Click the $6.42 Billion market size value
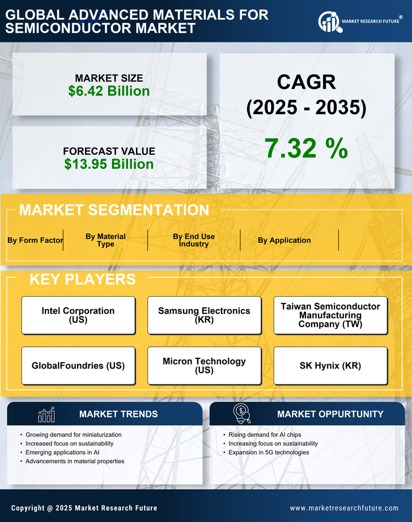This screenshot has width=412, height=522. pyautogui.click(x=109, y=91)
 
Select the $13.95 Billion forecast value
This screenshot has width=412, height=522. pyautogui.click(x=109, y=164)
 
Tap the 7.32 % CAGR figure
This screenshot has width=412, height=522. pyautogui.click(x=306, y=148)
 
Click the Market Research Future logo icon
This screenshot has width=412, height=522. pyautogui.click(x=329, y=22)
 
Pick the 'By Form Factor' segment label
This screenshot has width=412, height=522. pyautogui.click(x=35, y=240)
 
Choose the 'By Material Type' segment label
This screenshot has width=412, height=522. pyautogui.click(x=105, y=240)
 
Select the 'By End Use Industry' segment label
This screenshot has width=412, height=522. pyautogui.click(x=194, y=240)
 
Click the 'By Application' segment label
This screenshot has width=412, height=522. pyautogui.click(x=284, y=240)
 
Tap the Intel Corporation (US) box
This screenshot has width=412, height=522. pyautogui.click(x=78, y=315)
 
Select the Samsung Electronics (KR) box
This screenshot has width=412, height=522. pyautogui.click(x=204, y=315)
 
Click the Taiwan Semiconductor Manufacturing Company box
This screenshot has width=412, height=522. pyautogui.click(x=330, y=315)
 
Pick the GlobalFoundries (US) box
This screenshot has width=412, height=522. pyautogui.click(x=78, y=366)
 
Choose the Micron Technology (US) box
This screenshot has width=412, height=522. pyautogui.click(x=204, y=366)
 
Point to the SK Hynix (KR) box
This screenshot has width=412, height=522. pyautogui.click(x=330, y=366)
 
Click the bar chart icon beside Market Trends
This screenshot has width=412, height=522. pyautogui.click(x=46, y=414)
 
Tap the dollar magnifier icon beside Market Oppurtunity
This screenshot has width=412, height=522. pyautogui.click(x=241, y=413)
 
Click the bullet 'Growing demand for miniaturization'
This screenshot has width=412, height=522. pyautogui.click(x=74, y=434)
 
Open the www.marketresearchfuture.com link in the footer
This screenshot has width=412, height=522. pyautogui.click(x=344, y=508)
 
